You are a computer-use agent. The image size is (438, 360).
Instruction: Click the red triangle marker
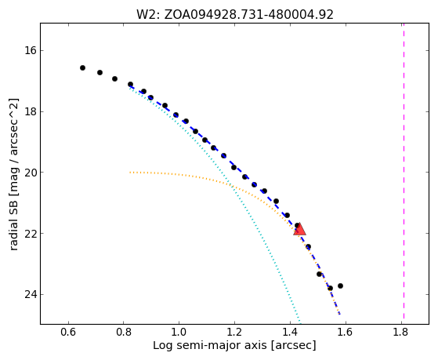300,229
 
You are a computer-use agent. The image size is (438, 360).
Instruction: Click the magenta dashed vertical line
404,171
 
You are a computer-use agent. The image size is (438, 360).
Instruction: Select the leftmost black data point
82,67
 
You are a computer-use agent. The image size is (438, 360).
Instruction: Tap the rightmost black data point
340,285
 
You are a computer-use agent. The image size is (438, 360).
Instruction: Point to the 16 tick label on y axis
31,51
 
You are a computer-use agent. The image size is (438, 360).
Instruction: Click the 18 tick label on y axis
31,111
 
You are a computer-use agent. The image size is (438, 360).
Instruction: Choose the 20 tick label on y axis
31,173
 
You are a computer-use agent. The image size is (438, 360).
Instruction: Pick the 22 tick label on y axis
31,233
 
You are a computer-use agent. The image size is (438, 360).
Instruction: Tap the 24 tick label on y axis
31,294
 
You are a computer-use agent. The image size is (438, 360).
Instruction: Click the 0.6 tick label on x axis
68,332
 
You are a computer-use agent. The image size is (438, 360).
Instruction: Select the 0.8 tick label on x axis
124,332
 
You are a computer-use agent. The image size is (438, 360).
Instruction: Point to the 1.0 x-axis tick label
179,332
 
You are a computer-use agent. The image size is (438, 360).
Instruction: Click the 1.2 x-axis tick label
234,332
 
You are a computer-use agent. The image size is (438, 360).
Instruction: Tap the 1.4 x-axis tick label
290,332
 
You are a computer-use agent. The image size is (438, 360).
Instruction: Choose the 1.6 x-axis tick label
346,332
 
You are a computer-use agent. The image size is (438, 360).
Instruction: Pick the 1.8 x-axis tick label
401,332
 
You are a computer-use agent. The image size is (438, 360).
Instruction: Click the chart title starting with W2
235,15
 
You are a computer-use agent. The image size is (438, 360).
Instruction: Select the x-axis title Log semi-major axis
234,346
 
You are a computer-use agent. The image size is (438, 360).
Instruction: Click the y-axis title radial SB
13,174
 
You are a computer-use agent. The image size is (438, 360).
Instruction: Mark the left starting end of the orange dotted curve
130,173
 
